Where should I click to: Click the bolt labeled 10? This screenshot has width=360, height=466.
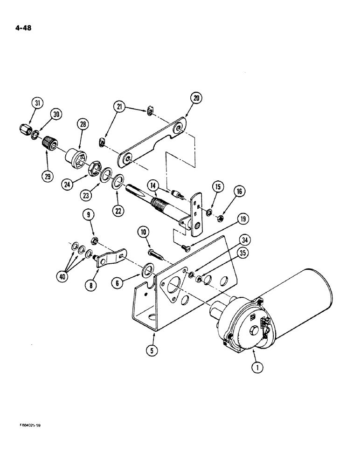pos(156,254)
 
